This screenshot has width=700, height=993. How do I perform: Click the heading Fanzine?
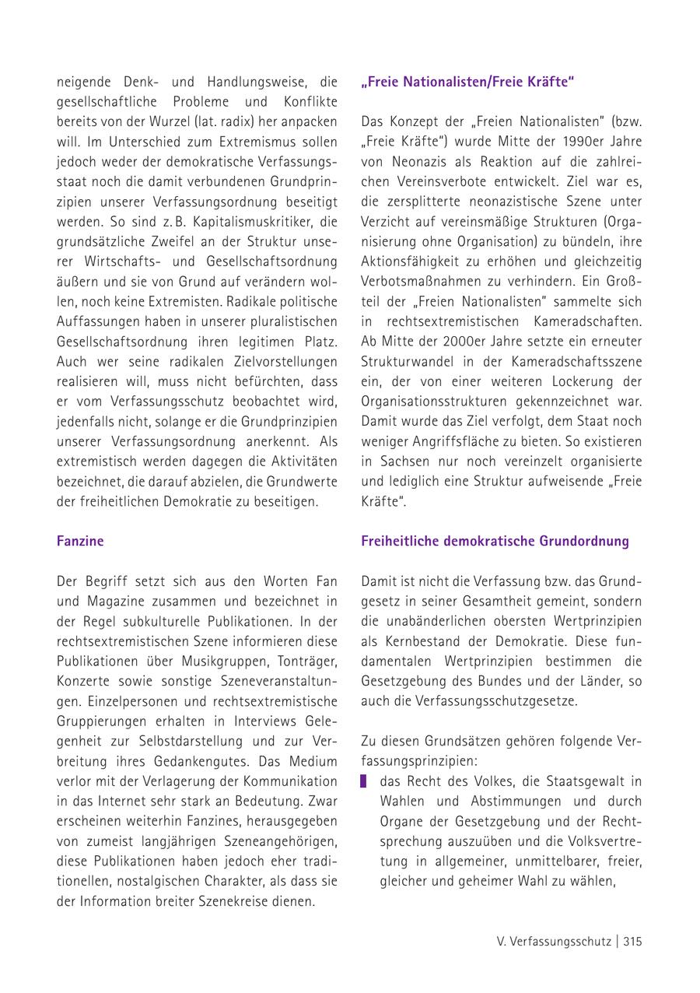pos(80,541)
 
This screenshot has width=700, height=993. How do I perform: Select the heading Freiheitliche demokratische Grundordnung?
pos(495,541)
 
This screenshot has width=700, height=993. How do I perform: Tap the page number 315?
pos(632,941)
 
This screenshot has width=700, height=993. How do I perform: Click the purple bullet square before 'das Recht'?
pos(365,781)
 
